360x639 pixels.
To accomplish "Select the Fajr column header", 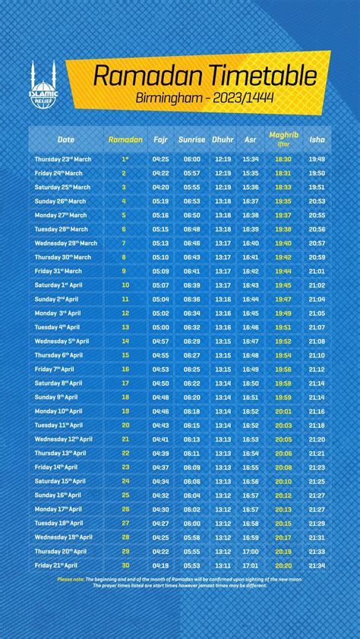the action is (x=160, y=140).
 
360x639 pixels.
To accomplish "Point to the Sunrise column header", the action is (x=191, y=140).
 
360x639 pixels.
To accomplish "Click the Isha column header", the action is (x=317, y=140).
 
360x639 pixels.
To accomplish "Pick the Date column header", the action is (x=66, y=140).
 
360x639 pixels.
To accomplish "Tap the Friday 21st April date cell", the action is (x=57, y=565).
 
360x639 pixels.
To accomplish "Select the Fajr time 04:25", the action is (x=160, y=159).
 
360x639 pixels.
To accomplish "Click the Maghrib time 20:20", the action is (x=283, y=565).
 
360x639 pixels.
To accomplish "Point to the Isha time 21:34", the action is (x=317, y=565).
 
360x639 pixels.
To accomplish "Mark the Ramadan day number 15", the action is (x=125, y=355).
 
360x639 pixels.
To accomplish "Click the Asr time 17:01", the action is (x=251, y=565).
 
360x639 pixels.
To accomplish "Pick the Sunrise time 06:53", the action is (x=191, y=201).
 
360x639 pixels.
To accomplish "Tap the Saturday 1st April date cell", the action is (x=58, y=285).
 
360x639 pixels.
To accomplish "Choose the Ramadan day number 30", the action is (x=125, y=565).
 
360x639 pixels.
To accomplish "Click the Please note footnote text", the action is (x=180, y=582).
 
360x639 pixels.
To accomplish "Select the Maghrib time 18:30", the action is (x=283, y=159).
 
